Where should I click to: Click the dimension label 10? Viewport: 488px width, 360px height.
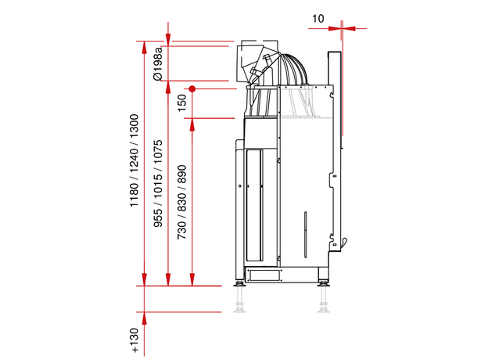(318, 19)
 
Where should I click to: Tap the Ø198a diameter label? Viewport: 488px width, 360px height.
(158, 63)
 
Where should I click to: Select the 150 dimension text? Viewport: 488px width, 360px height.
(181, 103)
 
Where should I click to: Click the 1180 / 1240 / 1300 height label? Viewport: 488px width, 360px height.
(134, 160)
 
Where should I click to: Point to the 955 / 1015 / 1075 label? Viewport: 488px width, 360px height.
(158, 184)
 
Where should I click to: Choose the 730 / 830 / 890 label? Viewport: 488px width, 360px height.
(181, 203)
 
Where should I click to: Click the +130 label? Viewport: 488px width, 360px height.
(135, 340)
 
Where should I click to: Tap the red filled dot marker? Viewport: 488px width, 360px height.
(192, 89)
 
